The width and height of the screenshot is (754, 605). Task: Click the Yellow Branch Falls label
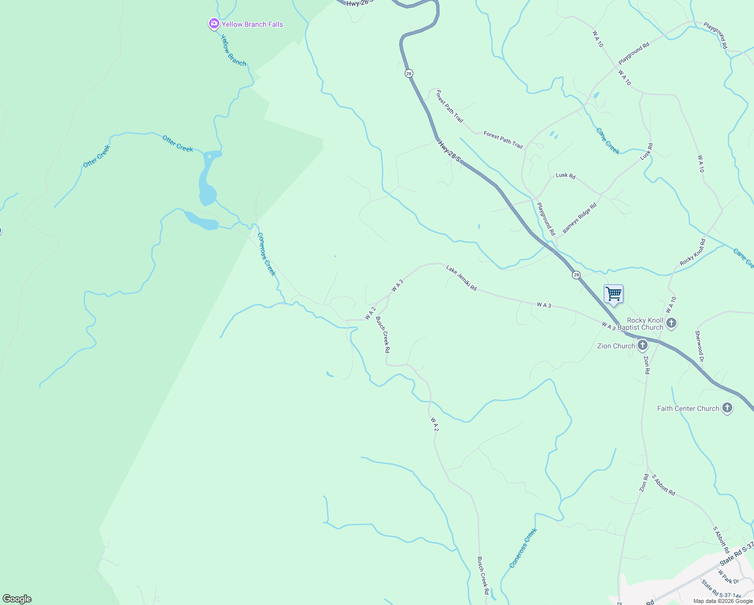tap(253, 24)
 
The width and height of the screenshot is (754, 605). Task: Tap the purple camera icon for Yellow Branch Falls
tap(214, 24)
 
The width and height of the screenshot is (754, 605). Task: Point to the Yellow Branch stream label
tap(233, 50)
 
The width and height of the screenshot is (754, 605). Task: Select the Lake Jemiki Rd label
tap(461, 278)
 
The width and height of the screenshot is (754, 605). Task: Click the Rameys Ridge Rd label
tap(580, 218)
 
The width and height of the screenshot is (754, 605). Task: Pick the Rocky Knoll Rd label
tap(693, 253)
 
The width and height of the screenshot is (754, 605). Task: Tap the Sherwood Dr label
tap(699, 346)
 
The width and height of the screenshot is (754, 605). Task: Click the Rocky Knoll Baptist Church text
tap(645, 324)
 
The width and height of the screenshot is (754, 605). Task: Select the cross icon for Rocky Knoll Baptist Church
tap(671, 323)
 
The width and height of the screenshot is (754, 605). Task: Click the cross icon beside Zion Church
tap(643, 345)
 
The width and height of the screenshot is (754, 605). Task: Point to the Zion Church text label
tap(616, 346)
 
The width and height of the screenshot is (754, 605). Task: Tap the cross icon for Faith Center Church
tap(727, 408)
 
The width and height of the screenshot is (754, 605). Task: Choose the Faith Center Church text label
tap(688, 408)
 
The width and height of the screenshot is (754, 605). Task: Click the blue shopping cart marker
tap(613, 294)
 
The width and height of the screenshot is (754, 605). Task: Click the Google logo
tap(17, 599)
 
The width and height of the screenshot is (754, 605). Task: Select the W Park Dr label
tap(728, 578)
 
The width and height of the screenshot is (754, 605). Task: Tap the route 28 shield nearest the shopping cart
tap(576, 275)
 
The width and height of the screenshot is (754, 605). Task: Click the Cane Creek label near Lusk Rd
tap(608, 141)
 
